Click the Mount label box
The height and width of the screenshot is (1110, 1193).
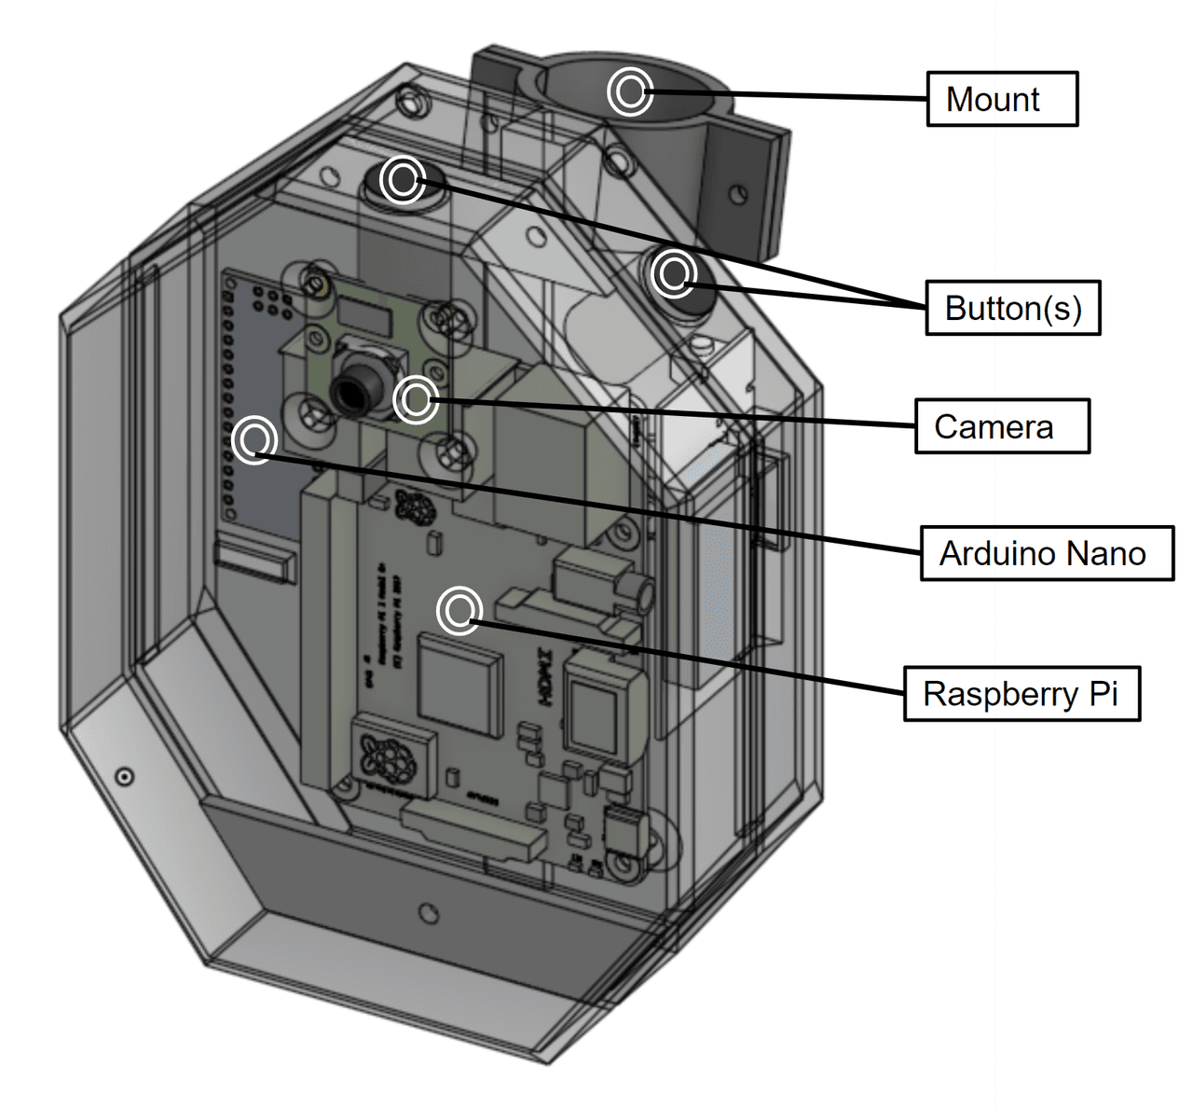pyautogui.click(x=1002, y=99)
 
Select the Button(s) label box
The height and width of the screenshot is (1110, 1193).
pyautogui.click(x=1012, y=308)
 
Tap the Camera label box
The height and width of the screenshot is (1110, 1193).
pyautogui.click(x=1002, y=426)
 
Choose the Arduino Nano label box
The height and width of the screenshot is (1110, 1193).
pyautogui.click(x=1046, y=553)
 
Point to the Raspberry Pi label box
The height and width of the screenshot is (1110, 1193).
pyautogui.click(x=1022, y=693)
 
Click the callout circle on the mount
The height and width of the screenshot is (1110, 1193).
pyautogui.click(x=630, y=91)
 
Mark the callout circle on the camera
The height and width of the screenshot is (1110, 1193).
pyautogui.click(x=416, y=399)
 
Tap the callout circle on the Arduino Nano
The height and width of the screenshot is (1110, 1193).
pyautogui.click(x=254, y=439)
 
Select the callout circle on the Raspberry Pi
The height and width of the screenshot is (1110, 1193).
pyautogui.click(x=459, y=611)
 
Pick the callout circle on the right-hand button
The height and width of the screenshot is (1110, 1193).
pyautogui.click(x=673, y=272)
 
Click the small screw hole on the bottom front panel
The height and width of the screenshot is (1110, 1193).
pyautogui.click(x=428, y=912)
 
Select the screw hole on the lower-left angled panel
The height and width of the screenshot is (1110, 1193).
pyautogui.click(x=124, y=777)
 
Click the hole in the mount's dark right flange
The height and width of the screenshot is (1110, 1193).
pyautogui.click(x=737, y=195)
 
